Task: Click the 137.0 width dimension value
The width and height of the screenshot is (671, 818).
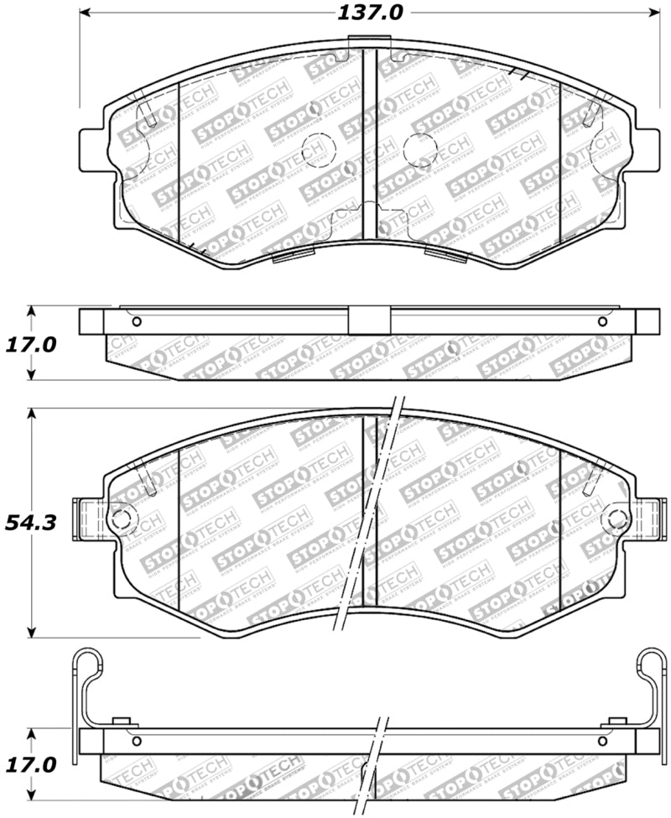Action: pyautogui.click(x=369, y=13)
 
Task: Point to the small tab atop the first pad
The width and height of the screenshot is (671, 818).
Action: pyautogui.click(x=369, y=41)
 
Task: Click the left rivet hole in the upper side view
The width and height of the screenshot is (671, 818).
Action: pyautogui.click(x=137, y=322)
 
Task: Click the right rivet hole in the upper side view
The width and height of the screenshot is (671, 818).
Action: pyautogui.click(x=601, y=322)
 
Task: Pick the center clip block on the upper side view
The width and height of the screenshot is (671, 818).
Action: pyautogui.click(x=369, y=321)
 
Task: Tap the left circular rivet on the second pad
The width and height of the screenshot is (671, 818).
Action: pyautogui.click(x=121, y=518)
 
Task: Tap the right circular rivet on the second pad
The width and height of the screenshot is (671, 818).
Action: pyautogui.click(x=618, y=518)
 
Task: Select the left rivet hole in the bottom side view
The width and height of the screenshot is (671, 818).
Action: pyautogui.click(x=137, y=741)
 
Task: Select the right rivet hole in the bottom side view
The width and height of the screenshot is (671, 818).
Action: pyautogui.click(x=601, y=741)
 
